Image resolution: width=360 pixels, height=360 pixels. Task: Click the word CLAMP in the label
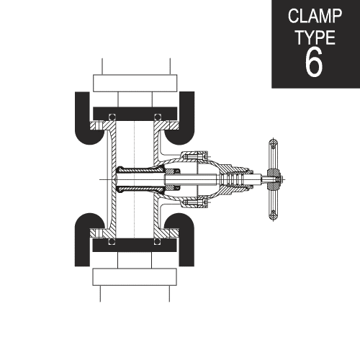(315, 16)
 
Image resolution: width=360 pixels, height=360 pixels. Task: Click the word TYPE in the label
(315, 37)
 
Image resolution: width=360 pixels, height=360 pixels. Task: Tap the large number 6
(314, 62)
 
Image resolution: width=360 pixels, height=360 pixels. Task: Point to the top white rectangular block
(135, 83)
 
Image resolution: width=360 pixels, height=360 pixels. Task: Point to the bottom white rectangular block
(135, 277)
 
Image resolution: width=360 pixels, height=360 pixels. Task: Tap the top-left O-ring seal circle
(112, 117)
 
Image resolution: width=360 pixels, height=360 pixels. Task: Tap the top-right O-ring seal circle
(158, 117)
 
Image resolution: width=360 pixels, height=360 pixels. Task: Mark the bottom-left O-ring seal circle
(112, 241)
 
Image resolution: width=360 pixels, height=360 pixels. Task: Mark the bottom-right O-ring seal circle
(157, 241)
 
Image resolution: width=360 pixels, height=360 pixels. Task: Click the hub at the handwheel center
(273, 179)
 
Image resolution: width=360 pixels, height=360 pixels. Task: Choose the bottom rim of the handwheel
(273, 214)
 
